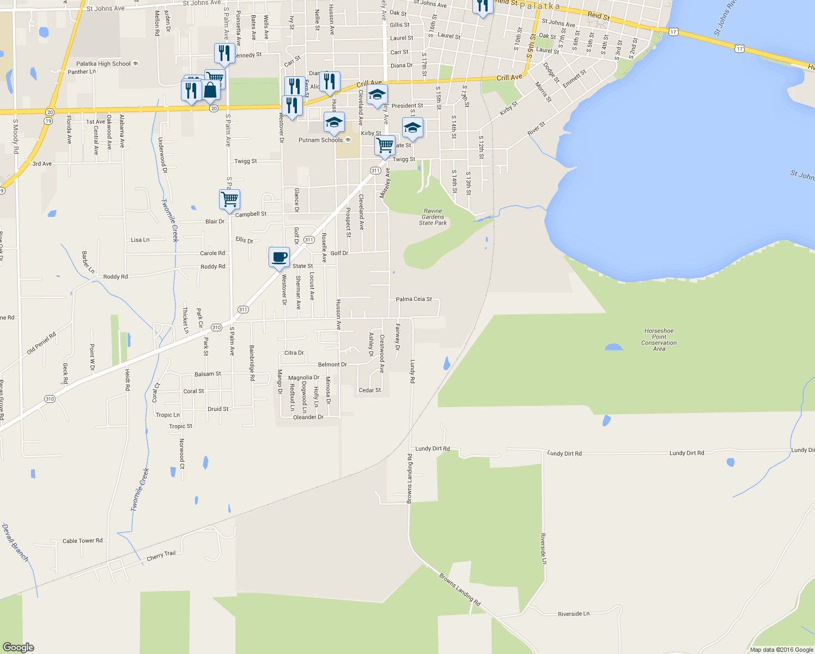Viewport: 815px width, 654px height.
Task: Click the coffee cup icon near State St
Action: pyautogui.click(x=279, y=257)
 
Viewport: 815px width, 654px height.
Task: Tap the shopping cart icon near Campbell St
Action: pyautogui.click(x=229, y=199)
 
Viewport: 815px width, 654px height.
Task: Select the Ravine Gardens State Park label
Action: pyautogui.click(x=433, y=217)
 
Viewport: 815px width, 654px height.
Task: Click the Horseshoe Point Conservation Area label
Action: pyautogui.click(x=659, y=340)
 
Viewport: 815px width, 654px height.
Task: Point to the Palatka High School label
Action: pyautogui.click(x=104, y=64)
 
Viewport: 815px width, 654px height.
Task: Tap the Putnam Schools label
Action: pyautogui.click(x=321, y=140)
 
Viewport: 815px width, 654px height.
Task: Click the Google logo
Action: pyautogui.click(x=18, y=647)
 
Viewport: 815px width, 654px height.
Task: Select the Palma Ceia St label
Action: pyautogui.click(x=413, y=299)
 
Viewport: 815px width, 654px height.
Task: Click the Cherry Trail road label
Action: pyautogui.click(x=161, y=556)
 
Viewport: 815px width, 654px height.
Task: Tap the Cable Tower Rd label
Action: pyautogui.click(x=82, y=541)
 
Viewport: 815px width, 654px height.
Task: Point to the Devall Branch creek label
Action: pyautogui.click(x=15, y=543)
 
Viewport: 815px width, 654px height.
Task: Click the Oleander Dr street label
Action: pyautogui.click(x=308, y=417)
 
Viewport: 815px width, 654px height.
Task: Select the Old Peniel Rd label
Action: pyautogui.click(x=41, y=343)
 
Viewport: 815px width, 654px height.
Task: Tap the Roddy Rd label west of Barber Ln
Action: pyautogui.click(x=115, y=277)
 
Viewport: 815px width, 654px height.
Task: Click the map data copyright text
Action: pyautogui.click(x=781, y=650)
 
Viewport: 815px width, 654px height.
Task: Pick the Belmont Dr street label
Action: pyautogui.click(x=332, y=365)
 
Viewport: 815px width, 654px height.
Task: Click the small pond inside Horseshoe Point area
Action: pyautogui.click(x=613, y=347)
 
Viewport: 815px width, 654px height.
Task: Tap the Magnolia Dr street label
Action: pyautogui.click(x=303, y=378)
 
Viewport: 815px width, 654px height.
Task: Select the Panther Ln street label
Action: pyautogui.click(x=82, y=72)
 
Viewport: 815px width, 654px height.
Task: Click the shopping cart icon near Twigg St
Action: pyautogui.click(x=385, y=145)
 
